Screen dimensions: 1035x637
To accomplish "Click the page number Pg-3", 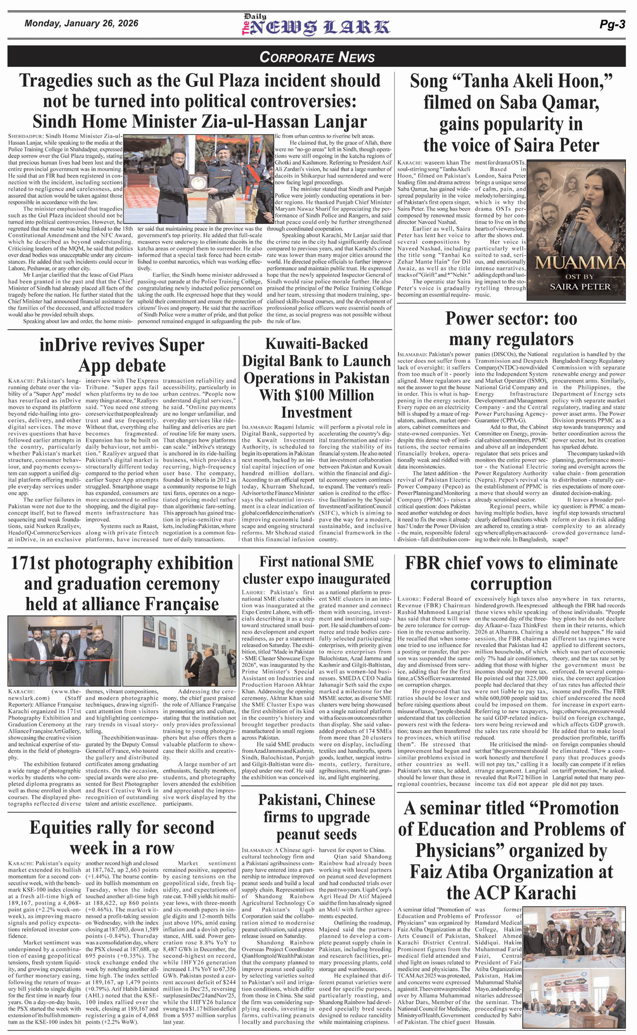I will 612,25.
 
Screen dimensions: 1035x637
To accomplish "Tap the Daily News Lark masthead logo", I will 315,25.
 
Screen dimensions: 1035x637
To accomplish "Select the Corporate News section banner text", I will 317,57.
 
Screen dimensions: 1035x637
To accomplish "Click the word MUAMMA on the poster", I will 579,264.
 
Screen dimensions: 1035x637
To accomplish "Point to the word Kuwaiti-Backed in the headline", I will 316,344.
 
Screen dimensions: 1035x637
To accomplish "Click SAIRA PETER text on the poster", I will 580,286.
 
